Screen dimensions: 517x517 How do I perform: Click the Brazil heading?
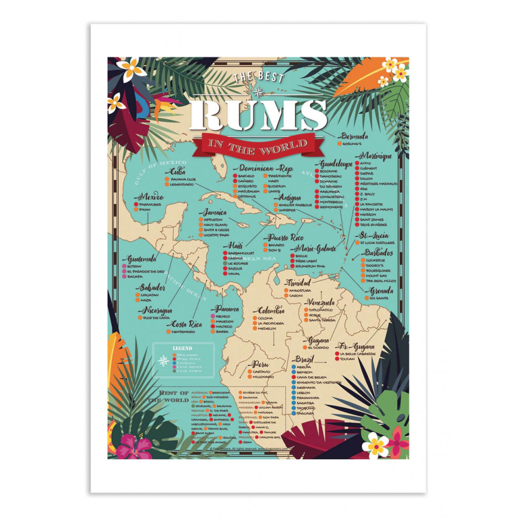tap(305, 359)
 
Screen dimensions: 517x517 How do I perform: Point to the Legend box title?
tap(182, 348)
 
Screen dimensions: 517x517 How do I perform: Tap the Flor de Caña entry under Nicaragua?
tap(158, 317)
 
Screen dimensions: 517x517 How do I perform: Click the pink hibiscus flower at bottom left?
tap(133, 446)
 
